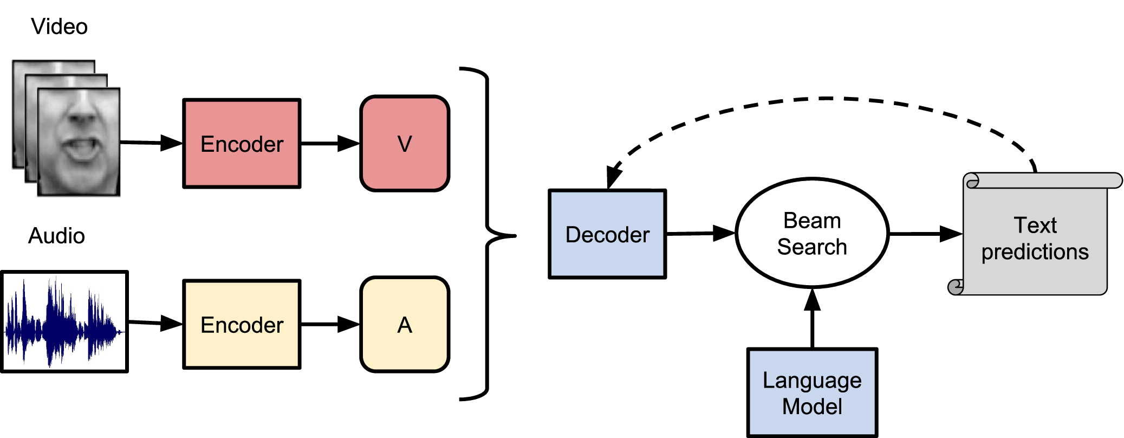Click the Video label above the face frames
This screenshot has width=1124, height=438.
(x=59, y=27)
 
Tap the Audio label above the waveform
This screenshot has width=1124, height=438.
(x=56, y=236)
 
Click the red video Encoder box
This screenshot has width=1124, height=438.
(x=242, y=144)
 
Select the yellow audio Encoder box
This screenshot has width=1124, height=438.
(x=242, y=325)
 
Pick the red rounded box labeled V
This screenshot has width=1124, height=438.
(x=405, y=144)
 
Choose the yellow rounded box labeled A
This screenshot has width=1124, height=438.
(x=405, y=325)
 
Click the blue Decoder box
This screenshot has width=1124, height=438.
(x=607, y=234)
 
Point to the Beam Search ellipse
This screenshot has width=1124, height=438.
(x=811, y=233)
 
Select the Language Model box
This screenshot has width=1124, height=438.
(x=811, y=393)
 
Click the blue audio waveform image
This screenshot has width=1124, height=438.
(x=64, y=322)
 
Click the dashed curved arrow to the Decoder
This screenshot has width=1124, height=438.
(x=823, y=99)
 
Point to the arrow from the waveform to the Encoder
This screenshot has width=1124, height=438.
(x=155, y=323)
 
